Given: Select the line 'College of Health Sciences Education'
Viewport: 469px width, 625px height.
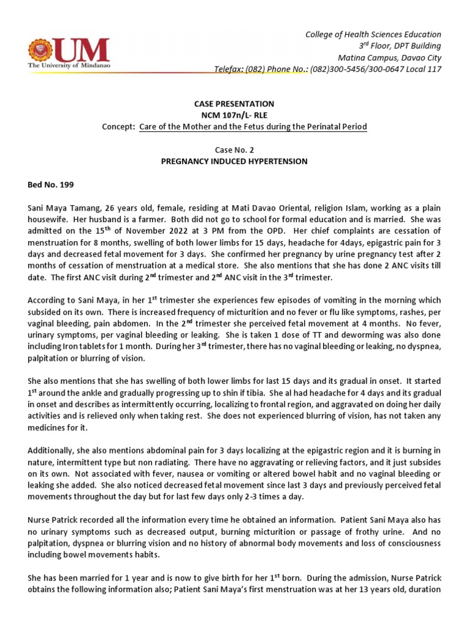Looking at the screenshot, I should pyautogui.click(x=373, y=34).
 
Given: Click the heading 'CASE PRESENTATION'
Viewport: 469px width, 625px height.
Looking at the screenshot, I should pyautogui.click(x=234, y=104).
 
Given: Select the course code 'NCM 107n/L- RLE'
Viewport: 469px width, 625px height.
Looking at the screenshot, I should pyautogui.click(x=234, y=115).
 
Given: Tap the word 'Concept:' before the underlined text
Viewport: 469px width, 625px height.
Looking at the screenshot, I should pyautogui.click(x=118, y=127).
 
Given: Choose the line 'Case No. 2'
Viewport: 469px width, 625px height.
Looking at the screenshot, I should pyautogui.click(x=234, y=150).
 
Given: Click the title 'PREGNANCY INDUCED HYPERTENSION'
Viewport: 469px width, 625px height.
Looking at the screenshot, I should pyautogui.click(x=234, y=162).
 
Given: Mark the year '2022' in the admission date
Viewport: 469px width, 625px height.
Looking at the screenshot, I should pyautogui.click(x=142, y=231).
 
